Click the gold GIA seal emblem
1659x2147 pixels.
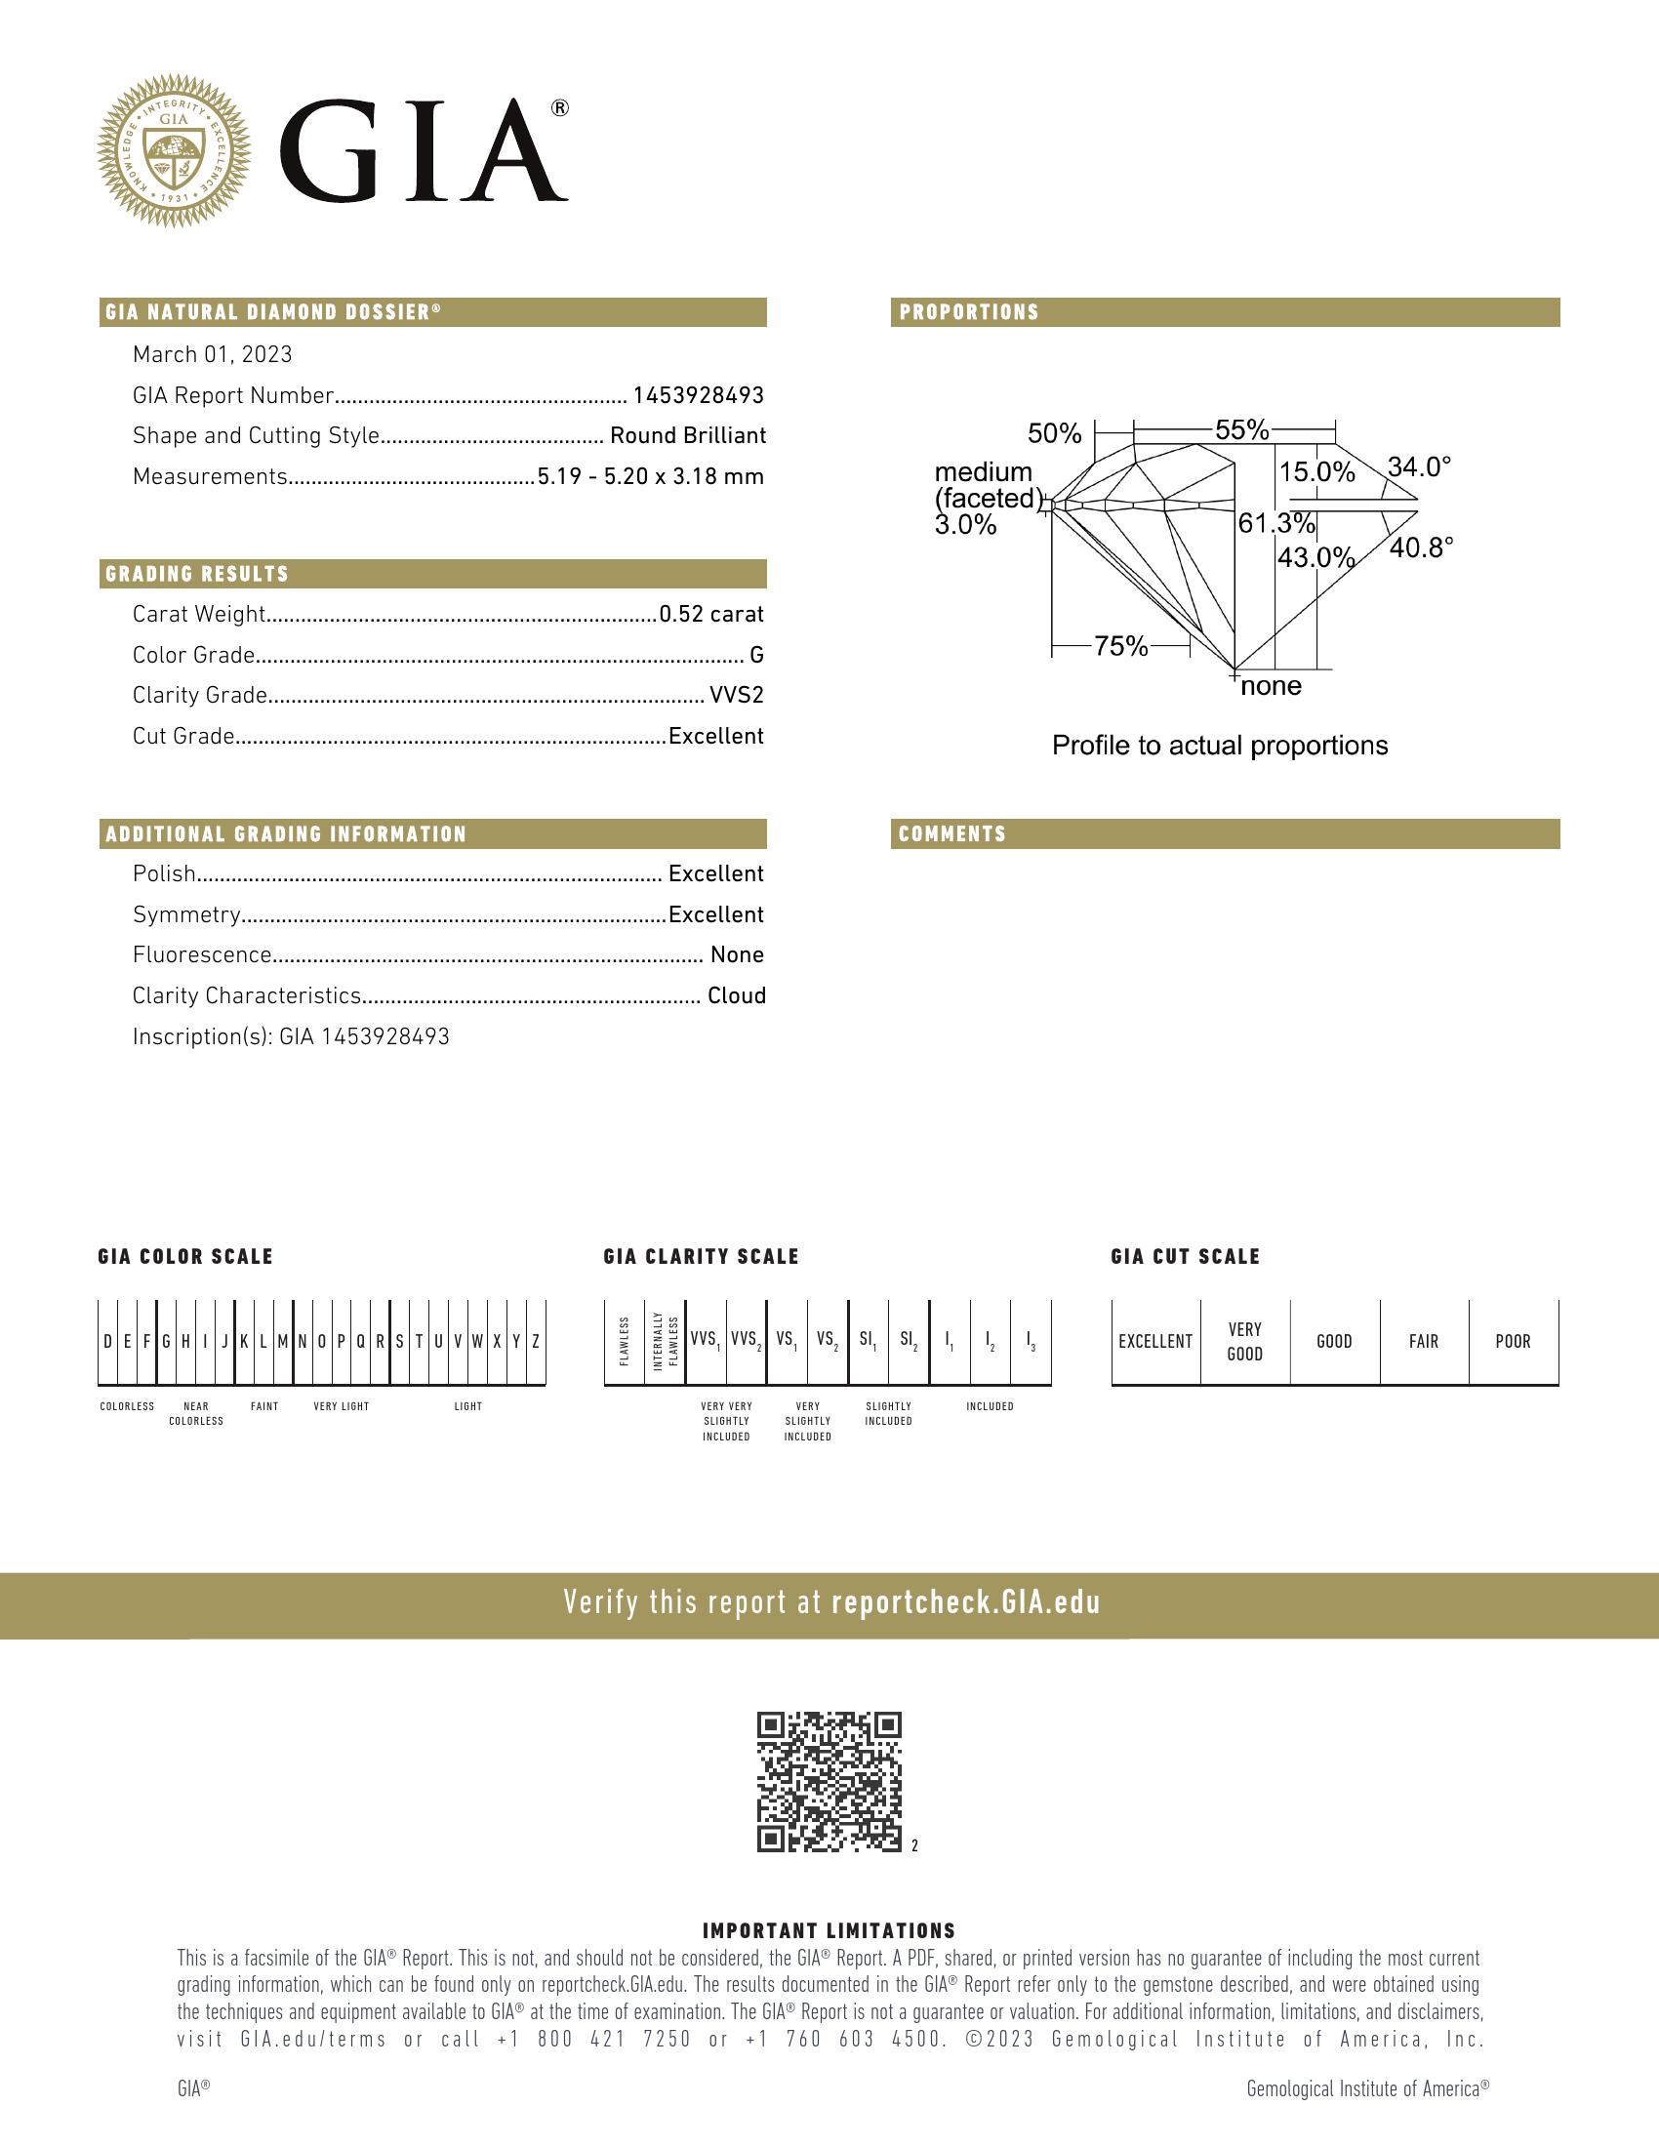click(173, 150)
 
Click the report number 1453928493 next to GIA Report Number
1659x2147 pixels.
click(698, 395)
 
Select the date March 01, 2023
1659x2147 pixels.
click(213, 354)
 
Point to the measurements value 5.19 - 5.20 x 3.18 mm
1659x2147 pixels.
click(650, 477)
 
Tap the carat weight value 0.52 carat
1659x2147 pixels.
click(710, 615)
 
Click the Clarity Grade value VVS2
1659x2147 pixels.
click(736, 696)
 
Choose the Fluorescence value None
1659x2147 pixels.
click(737, 954)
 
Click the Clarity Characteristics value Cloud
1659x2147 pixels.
click(736, 995)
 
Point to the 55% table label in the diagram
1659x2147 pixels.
click(1241, 429)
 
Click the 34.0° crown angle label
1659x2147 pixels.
click(1418, 466)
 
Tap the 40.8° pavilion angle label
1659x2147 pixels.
click(1420, 547)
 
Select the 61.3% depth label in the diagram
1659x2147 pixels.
click(1275, 523)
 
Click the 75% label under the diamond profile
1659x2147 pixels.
click(1120, 646)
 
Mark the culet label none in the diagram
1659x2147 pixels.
click(1271, 686)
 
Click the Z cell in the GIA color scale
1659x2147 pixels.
click(536, 1342)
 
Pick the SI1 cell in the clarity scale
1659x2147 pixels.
click(868, 1342)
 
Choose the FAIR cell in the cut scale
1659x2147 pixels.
click(1423, 1342)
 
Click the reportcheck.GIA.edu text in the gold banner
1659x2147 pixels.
click(965, 1603)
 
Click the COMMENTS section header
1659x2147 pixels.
click(951, 834)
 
